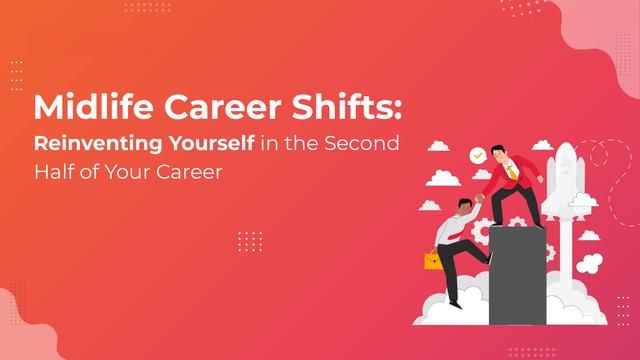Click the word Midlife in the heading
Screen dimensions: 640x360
click(93, 107)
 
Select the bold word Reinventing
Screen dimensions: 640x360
click(98, 144)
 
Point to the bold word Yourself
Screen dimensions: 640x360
click(212, 143)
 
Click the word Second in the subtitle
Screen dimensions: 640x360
click(362, 143)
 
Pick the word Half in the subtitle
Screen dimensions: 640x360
click(53, 171)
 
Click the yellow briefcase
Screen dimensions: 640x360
click(433, 261)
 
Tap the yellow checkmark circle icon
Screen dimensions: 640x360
click(478, 156)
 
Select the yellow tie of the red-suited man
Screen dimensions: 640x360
click(511, 171)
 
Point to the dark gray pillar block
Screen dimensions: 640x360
click(517, 276)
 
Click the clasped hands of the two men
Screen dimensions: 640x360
click(478, 199)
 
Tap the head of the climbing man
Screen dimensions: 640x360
click(464, 206)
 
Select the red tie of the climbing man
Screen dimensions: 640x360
click(453, 236)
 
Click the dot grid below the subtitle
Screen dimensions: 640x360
click(250, 242)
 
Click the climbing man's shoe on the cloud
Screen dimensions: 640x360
click(456, 304)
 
